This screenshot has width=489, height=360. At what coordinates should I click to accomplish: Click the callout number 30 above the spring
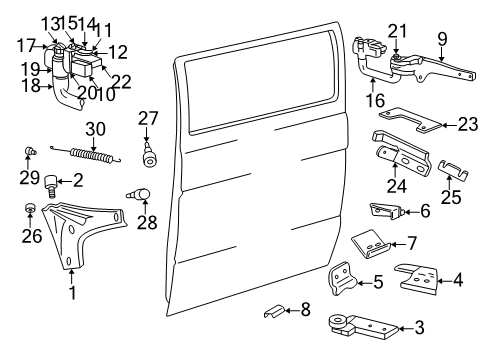[x=95, y=129]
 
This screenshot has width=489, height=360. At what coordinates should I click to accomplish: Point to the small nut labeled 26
[x=30, y=209]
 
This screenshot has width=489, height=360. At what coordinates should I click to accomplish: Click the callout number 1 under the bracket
[x=71, y=293]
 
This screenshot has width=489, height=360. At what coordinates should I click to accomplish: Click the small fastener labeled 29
[x=30, y=151]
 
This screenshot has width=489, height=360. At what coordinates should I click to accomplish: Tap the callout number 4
[x=458, y=281]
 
